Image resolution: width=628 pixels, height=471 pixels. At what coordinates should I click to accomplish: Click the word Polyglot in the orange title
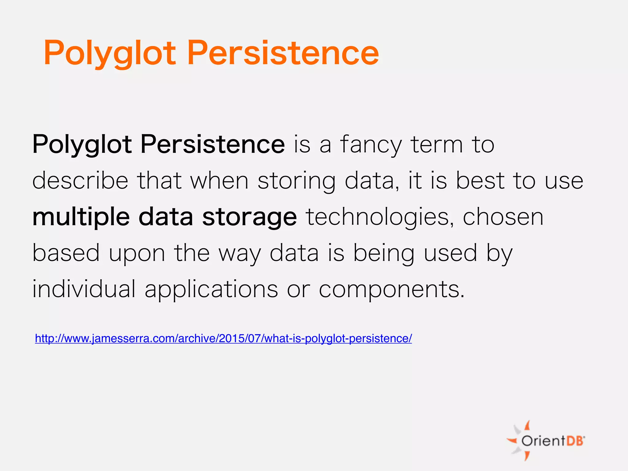[110, 54]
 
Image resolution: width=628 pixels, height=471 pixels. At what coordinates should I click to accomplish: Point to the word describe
[80, 181]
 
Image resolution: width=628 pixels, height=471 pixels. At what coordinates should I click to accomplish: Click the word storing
[296, 181]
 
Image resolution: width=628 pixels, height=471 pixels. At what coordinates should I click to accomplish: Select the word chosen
[503, 217]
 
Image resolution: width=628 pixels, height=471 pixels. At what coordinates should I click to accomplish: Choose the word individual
[84, 289]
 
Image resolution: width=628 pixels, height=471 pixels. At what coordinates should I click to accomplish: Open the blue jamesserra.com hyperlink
[223, 339]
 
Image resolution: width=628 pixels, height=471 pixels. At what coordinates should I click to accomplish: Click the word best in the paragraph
[480, 181]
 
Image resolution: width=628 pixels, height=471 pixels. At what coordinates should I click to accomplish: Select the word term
[437, 145]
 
